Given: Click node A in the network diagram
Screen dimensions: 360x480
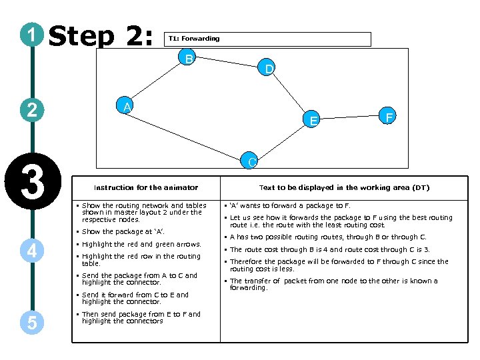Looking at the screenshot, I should (125, 107).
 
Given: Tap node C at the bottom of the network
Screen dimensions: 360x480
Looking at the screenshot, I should (249, 161).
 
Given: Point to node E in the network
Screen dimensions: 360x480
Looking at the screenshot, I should (313, 120).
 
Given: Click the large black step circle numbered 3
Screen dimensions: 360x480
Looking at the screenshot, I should (31, 181).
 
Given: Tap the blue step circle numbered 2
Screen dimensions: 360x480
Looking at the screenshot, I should (31, 109).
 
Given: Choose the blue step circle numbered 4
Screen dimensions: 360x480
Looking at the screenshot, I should (31, 251).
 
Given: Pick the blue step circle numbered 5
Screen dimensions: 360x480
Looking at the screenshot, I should (31, 323).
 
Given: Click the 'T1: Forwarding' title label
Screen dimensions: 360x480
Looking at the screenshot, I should (194, 39).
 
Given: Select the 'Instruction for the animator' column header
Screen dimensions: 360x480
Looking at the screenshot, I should (145, 188).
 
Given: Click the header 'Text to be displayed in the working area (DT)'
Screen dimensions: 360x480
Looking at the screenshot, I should (344, 188).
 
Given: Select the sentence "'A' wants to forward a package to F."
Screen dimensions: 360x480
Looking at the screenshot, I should (290, 206).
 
